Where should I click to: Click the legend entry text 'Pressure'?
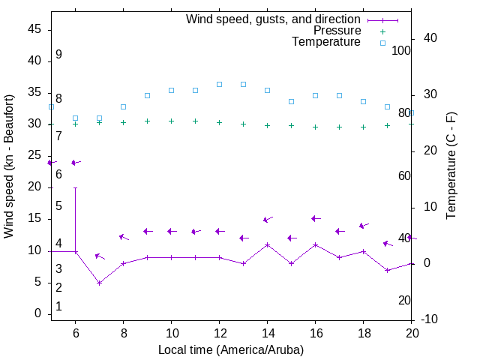pyautogui.click(x=337, y=31)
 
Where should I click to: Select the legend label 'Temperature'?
pyautogui.click(x=326, y=42)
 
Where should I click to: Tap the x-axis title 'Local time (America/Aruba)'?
pyautogui.click(x=231, y=349)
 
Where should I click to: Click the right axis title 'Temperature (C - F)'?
pyautogui.click(x=451, y=166)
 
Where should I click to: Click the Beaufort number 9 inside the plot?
pyautogui.click(x=58, y=55)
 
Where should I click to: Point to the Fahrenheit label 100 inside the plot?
pyautogui.click(x=401, y=50)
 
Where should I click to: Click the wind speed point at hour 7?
pyautogui.click(x=99, y=283)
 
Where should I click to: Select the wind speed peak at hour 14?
pyautogui.click(x=267, y=244)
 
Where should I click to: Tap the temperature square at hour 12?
pyautogui.click(x=219, y=84)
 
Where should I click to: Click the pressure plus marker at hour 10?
pyautogui.click(x=171, y=121)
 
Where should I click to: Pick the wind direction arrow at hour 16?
pyautogui.click(x=316, y=218)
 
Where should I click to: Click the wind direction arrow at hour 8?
pyautogui.click(x=124, y=237)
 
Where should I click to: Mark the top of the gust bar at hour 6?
pyautogui.click(x=75, y=187)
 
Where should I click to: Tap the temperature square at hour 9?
pyautogui.click(x=147, y=95)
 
